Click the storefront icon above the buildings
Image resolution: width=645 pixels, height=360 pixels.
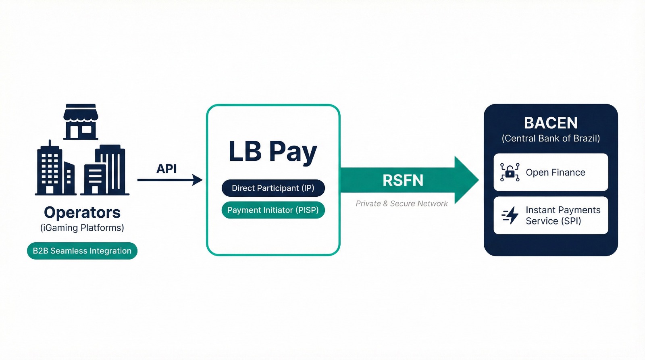(81, 122)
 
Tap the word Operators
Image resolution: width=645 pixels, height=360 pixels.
(82, 212)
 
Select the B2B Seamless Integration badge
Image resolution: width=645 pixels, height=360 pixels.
(82, 251)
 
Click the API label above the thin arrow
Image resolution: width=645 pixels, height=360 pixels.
(166, 169)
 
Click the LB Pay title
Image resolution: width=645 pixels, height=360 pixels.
(273, 152)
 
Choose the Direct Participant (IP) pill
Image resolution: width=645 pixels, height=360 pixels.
(273, 188)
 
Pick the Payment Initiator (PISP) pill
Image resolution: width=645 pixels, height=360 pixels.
(273, 210)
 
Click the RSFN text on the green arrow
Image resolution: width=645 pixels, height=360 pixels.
(403, 180)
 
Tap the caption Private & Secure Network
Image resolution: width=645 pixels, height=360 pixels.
(402, 204)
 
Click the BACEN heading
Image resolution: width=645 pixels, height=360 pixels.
(551, 123)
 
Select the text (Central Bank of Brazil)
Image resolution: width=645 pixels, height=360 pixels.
(551, 138)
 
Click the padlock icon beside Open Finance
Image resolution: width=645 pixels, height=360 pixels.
(510, 173)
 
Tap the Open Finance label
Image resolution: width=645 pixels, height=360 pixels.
(556, 173)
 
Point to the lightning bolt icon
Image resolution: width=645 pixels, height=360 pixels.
(510, 215)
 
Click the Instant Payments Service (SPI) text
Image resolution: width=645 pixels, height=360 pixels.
(563, 215)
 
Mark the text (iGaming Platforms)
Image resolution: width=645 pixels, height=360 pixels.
(82, 228)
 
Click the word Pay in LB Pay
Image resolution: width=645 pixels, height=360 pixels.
(293, 153)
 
